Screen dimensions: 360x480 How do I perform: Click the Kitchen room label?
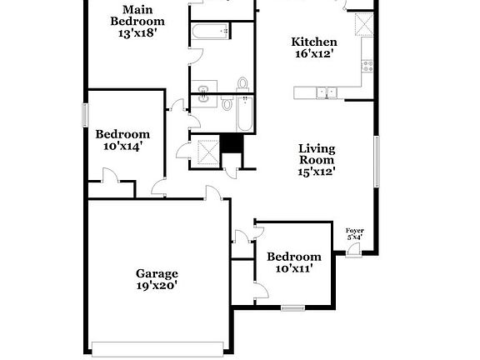point(313,42)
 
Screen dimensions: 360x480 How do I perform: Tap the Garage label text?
point(157,272)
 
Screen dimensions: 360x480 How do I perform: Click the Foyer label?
point(355,231)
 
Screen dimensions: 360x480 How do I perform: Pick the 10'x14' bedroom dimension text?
point(122,146)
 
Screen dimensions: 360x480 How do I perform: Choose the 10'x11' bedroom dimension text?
point(293,269)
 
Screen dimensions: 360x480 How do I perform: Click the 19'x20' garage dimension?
point(157,285)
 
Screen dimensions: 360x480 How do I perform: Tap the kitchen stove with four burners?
point(366,63)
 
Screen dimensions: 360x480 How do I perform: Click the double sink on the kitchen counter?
point(323,92)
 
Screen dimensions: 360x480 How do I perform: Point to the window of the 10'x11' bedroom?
point(292,308)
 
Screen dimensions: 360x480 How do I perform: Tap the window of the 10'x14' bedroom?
point(84,115)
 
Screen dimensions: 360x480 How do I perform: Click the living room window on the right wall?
point(377,162)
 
